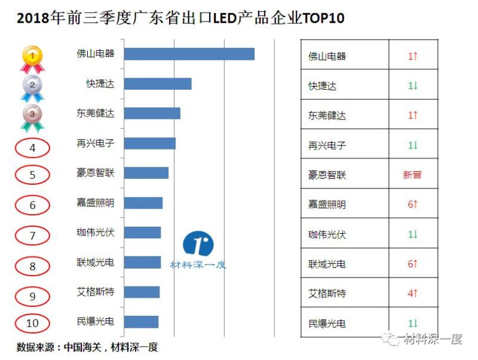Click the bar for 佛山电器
pyautogui.click(x=191, y=54)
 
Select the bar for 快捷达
pyautogui.click(x=159, y=84)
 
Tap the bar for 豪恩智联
pyautogui.click(x=148, y=173)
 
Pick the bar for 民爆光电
pyautogui.click(x=142, y=322)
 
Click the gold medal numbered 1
pyautogui.click(x=32, y=57)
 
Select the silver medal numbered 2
pyautogui.click(x=32, y=87)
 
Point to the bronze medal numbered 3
pyautogui.click(x=32, y=116)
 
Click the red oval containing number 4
pyautogui.click(x=32, y=147)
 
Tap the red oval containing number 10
pyautogui.click(x=32, y=324)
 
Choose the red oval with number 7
pyautogui.click(x=32, y=236)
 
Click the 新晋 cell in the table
pyautogui.click(x=412, y=175)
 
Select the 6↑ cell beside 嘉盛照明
pyautogui.click(x=412, y=205)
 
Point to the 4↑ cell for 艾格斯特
pyautogui.click(x=412, y=294)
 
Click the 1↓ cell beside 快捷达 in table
pyautogui.click(x=412, y=86)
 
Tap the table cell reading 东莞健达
pyautogui.click(x=327, y=115)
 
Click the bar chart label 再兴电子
pyautogui.click(x=96, y=144)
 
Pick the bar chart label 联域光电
pyautogui.click(x=96, y=263)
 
